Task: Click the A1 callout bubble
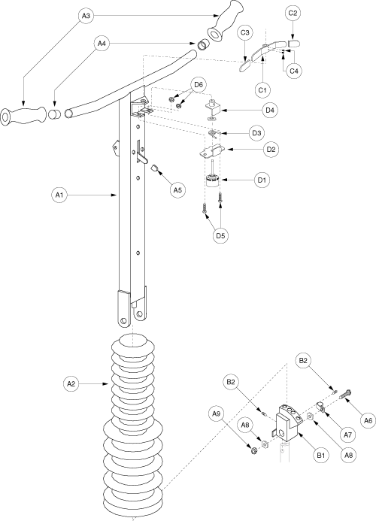[x=59, y=195]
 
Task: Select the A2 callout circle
[x=71, y=383]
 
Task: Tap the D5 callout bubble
[x=220, y=235]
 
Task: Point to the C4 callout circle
[x=293, y=71]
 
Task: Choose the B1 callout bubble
[x=320, y=455]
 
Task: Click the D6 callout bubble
[x=198, y=85]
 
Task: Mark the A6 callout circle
[x=368, y=421]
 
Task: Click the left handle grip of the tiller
[x=23, y=116]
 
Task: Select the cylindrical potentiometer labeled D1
[x=211, y=180]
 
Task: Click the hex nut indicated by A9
[x=253, y=451]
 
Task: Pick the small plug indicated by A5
[x=154, y=168]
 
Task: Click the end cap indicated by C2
[x=294, y=44]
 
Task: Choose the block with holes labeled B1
[x=289, y=421]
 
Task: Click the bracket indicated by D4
[x=213, y=109]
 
